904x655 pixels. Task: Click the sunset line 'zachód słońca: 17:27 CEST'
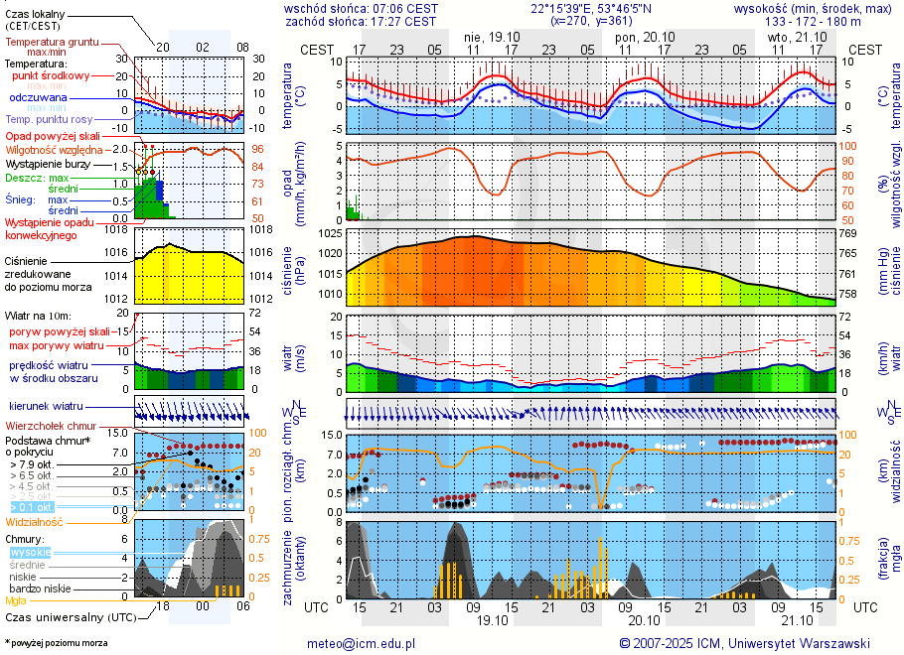coord(360,21)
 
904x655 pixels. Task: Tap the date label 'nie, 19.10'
coord(493,36)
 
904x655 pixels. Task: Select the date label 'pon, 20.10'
coord(645,36)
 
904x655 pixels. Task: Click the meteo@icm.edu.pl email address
coord(360,643)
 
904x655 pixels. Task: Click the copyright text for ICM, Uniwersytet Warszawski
coord(744,643)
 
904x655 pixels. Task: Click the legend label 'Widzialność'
coord(35,521)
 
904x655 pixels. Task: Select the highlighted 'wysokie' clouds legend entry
coord(30,552)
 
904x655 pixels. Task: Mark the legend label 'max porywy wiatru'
coord(57,344)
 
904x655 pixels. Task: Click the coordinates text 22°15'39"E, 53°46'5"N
coord(591,8)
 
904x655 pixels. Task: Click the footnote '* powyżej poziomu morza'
coord(56,643)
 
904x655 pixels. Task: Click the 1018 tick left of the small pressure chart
coord(117,230)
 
